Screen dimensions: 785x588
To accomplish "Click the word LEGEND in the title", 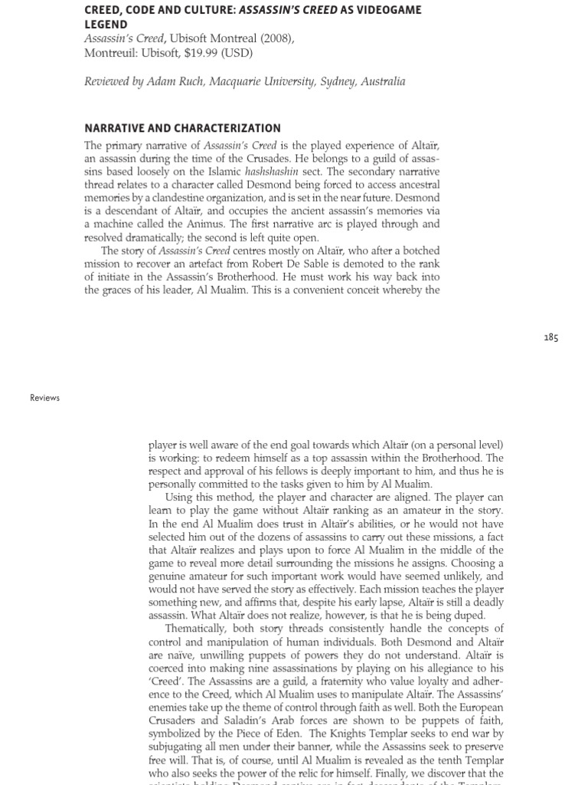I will [106, 25].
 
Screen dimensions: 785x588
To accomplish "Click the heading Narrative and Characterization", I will [182, 128].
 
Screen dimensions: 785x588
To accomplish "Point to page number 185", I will [550, 337].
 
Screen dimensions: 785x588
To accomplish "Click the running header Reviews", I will [44, 398].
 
